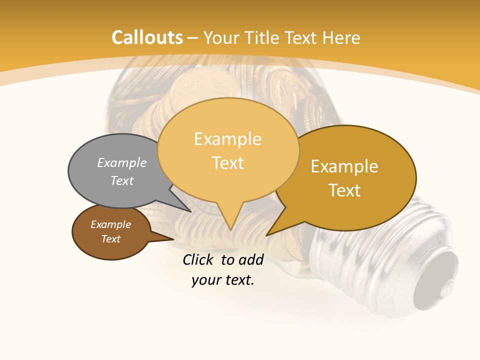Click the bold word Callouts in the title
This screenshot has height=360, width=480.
point(147,37)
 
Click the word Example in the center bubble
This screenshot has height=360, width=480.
point(227,139)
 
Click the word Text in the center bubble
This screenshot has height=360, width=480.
point(228,163)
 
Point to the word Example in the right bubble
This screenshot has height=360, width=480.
point(344,166)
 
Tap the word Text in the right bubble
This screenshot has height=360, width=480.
point(344,190)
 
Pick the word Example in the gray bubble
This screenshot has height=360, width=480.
point(122,162)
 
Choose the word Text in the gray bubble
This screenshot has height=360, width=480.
point(122,180)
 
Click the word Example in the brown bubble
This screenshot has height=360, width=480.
point(110,224)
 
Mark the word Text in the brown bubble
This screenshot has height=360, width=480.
point(110,239)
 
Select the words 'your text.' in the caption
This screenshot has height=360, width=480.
point(222,280)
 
